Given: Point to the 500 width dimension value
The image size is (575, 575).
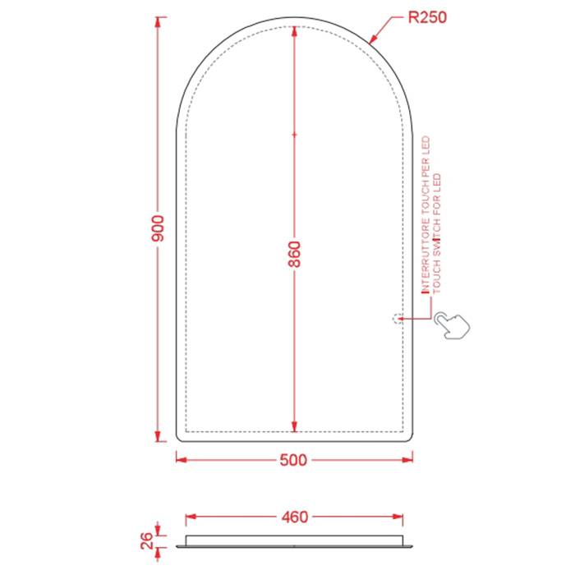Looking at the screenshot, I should tap(292, 460).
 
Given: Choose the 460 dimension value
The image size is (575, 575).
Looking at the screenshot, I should tap(294, 517).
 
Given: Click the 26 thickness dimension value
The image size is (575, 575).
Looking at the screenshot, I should tap(147, 540).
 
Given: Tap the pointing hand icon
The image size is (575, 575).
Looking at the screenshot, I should tap(454, 323).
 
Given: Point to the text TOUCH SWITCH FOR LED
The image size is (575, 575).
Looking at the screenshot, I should tap(437, 233).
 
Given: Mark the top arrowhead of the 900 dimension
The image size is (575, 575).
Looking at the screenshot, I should tap(159, 21).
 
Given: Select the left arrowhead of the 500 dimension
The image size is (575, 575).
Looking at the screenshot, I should tap(182, 460).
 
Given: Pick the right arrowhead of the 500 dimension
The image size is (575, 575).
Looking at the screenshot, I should tap(408, 460).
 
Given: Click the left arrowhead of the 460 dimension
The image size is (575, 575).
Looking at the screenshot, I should tap(191, 517).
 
